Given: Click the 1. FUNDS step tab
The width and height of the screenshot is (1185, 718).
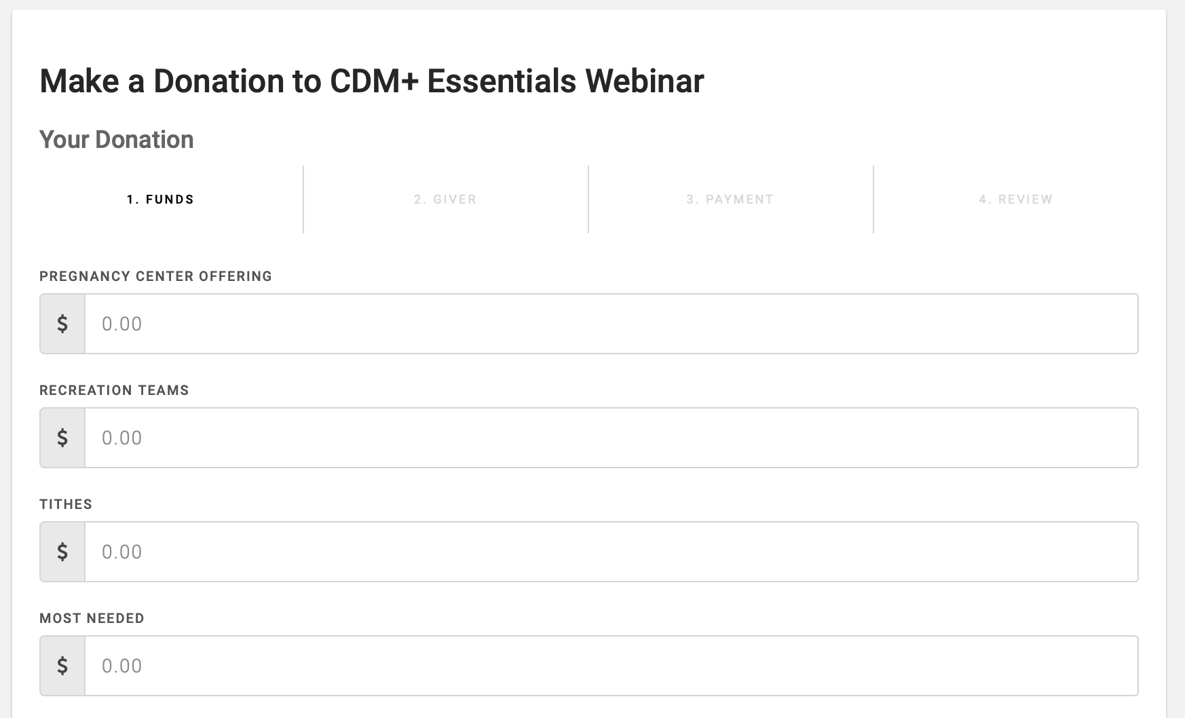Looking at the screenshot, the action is [161, 200].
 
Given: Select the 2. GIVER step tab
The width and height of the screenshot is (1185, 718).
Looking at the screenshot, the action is [445, 200].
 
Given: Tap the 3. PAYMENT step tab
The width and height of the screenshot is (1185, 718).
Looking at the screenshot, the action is [730, 200].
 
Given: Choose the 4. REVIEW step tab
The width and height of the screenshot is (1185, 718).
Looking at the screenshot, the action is [1016, 200].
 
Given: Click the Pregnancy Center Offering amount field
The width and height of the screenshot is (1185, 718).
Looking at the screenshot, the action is [611, 324].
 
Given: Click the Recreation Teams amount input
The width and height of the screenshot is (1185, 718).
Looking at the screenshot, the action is [611, 438].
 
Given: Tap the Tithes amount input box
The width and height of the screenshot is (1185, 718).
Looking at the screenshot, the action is [611, 552].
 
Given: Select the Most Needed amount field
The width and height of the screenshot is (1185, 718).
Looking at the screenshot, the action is [611, 666].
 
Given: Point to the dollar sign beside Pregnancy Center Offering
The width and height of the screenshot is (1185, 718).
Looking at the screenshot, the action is [62, 324].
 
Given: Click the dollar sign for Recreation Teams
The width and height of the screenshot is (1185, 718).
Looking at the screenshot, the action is [62, 438].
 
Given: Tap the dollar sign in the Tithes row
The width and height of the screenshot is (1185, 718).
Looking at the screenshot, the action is [62, 552].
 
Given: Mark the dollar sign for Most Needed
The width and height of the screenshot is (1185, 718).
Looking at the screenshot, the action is [62, 666].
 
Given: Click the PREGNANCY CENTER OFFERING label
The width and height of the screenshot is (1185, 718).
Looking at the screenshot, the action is [155, 276].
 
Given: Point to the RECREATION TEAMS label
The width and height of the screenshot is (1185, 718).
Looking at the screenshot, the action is [114, 390].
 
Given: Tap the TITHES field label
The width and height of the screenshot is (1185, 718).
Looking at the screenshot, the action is [66, 504].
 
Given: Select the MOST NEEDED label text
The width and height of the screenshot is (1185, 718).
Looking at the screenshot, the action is [92, 618].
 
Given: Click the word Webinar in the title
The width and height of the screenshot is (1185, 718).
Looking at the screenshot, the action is [645, 81].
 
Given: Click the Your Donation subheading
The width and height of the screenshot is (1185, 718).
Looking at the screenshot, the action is [117, 139].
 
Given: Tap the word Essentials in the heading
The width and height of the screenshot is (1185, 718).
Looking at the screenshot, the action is [502, 81].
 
